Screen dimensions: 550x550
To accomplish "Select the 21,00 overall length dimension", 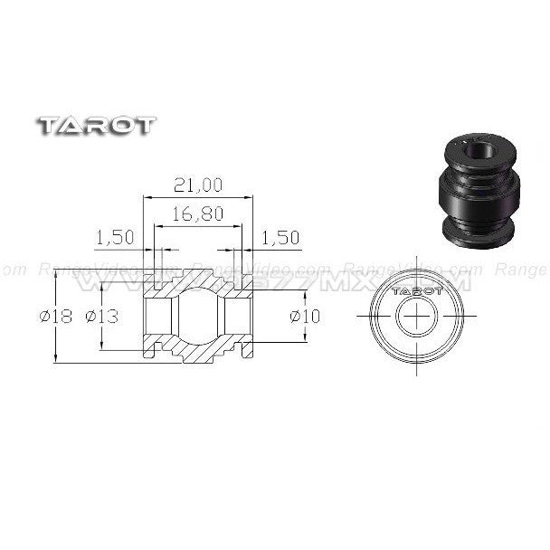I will click(x=196, y=185).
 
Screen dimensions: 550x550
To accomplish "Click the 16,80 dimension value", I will click(x=196, y=215).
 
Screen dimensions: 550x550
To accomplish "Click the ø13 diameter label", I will click(x=103, y=317).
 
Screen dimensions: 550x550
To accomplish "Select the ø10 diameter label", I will click(x=306, y=316).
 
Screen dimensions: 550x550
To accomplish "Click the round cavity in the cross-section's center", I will click(x=196, y=318).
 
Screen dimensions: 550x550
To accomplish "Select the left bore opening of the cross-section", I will click(x=159, y=318).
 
